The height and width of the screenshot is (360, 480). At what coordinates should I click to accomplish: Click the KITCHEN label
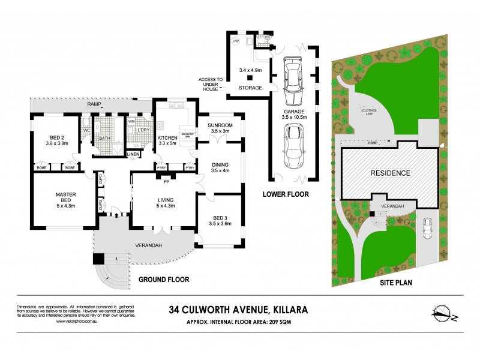pos(168,138)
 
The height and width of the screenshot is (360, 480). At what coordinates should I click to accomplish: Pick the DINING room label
pos(221,164)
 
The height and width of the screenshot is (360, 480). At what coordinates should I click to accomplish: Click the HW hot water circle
pos(235,41)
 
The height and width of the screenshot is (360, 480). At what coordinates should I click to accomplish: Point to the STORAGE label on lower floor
pos(250,88)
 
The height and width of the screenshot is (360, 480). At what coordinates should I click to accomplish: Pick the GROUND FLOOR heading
pos(164,280)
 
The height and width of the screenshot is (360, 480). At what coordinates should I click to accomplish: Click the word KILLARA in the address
pos(284,310)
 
